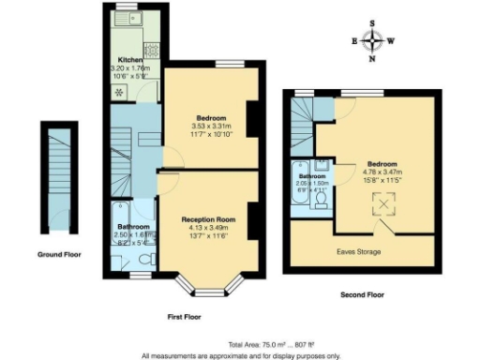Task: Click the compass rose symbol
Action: click(374, 40)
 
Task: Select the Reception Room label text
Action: click(207, 219)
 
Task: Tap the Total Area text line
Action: click(240, 344)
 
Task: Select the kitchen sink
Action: click(135, 18)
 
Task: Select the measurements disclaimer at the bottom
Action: click(240, 355)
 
